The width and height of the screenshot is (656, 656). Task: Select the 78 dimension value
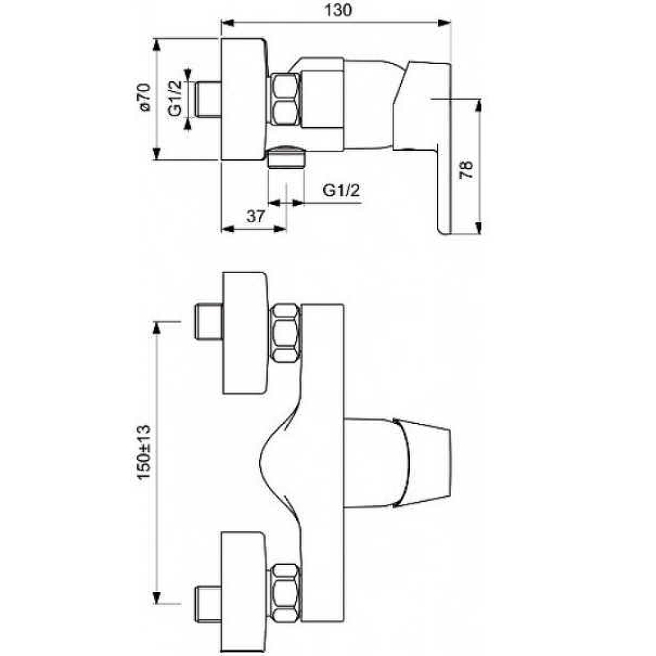(x=465, y=169)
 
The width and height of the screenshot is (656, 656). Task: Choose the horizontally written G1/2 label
(x=341, y=191)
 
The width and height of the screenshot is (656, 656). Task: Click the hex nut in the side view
(x=286, y=99)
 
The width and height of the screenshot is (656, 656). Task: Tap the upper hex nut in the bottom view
(x=286, y=333)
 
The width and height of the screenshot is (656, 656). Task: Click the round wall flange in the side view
(x=244, y=99)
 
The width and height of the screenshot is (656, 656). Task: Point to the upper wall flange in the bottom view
(x=244, y=333)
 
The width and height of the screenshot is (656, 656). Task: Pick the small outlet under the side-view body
(x=286, y=156)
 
